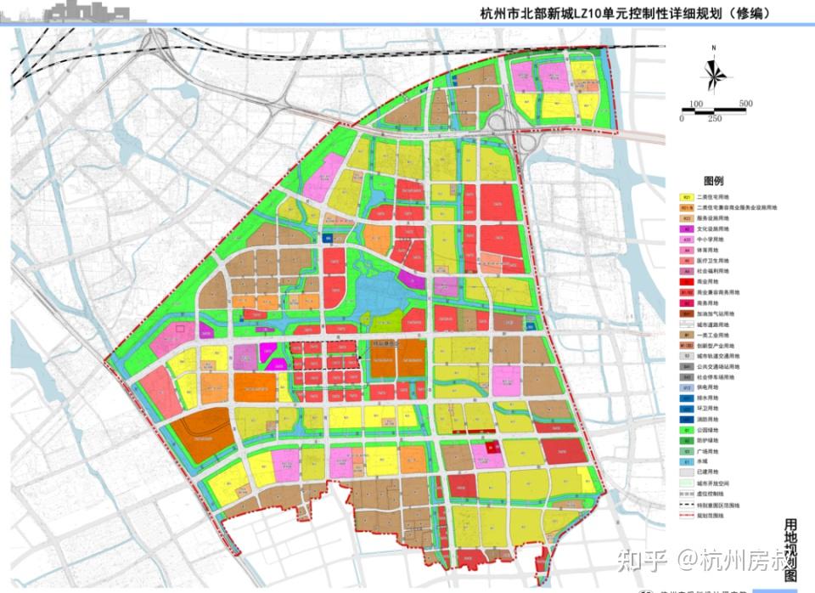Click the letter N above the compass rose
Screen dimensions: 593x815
[x=715, y=48]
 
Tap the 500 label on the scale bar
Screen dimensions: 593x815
[x=745, y=104]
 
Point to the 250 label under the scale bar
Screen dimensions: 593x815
[x=715, y=118]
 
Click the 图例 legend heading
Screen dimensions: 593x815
[x=713, y=181]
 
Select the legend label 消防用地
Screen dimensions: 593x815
[x=714, y=420]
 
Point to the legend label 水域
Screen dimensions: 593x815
[x=709, y=462]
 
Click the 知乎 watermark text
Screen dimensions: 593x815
[x=641, y=558]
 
